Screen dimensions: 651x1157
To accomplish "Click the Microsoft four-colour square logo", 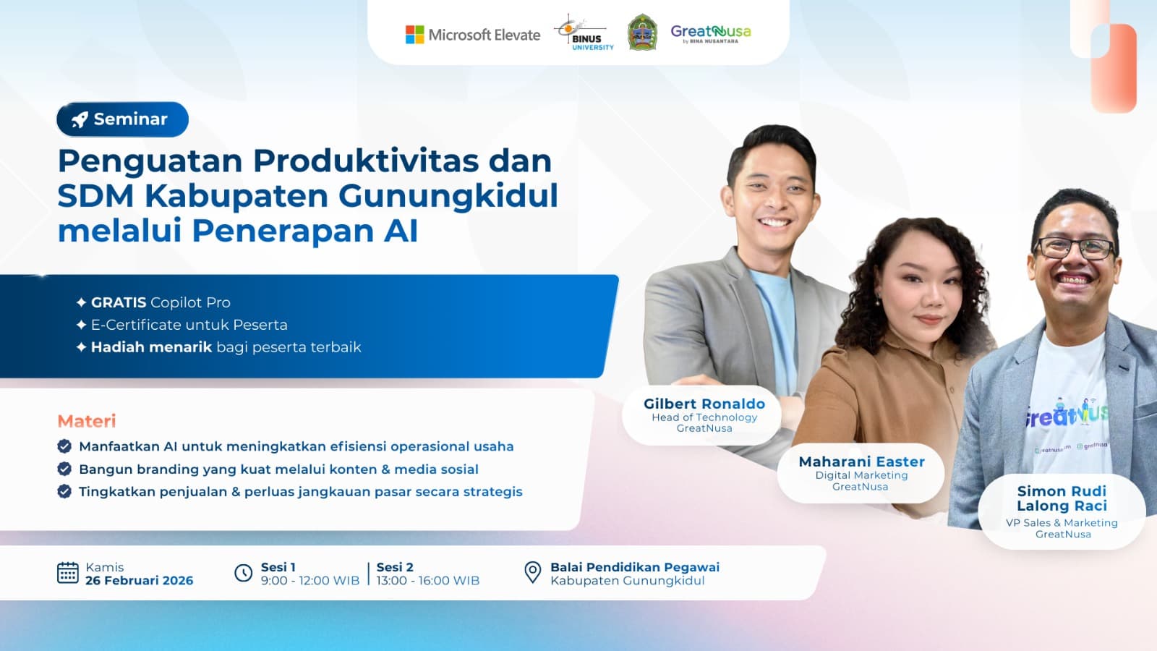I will (x=414, y=35).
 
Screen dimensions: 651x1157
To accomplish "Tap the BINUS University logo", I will (x=585, y=33).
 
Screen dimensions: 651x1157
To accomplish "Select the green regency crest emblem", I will (x=642, y=33).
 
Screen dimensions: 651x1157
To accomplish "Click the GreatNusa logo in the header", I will (x=710, y=33).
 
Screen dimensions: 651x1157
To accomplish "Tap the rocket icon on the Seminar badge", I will (x=80, y=119).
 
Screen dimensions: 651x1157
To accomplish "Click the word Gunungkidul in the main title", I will (x=448, y=195).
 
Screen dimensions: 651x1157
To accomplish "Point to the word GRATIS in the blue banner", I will (x=119, y=302).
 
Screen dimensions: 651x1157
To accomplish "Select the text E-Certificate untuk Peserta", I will (x=189, y=325).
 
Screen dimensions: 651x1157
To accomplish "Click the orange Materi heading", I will (x=87, y=421).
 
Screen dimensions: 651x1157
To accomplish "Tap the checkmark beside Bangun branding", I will (x=64, y=469).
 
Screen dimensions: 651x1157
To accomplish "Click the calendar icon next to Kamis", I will (x=67, y=573).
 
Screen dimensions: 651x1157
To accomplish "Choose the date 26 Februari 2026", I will (x=139, y=580).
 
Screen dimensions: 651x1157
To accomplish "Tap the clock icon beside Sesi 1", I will (x=244, y=573).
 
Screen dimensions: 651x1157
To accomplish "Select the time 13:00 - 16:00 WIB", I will (x=427, y=580).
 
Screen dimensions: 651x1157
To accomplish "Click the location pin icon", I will (x=532, y=572).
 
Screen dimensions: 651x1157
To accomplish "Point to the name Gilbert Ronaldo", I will (x=704, y=404).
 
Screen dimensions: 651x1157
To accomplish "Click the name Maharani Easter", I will (x=861, y=461).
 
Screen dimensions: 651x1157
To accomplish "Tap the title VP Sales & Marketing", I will (x=1062, y=522).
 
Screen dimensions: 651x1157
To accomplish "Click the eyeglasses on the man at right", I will (x=1074, y=248).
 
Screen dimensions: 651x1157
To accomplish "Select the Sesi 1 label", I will (x=278, y=567).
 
